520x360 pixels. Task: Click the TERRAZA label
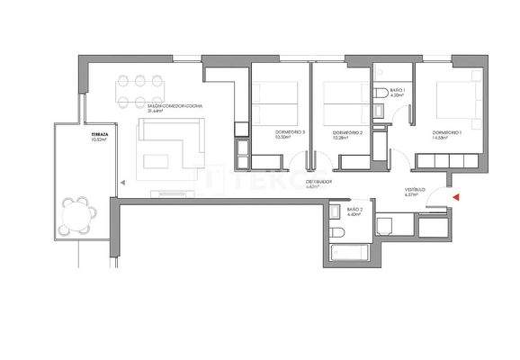99,135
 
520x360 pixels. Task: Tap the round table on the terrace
78,213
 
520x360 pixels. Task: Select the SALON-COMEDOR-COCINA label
175,106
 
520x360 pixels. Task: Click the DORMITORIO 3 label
291,132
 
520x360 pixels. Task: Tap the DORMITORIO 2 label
347,132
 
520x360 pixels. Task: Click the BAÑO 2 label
353,208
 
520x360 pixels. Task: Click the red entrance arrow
456,196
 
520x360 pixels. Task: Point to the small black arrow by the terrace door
117,181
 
